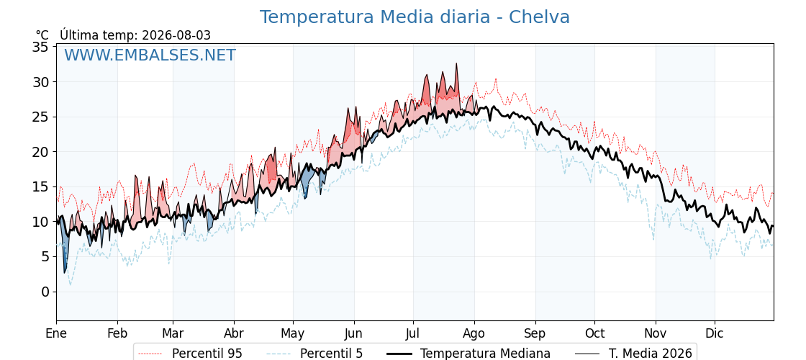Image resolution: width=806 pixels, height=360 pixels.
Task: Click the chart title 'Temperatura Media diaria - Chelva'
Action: (415, 17)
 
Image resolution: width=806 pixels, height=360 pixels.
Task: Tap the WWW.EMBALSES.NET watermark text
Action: (150, 55)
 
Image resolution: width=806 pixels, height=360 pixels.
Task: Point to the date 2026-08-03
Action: (176, 35)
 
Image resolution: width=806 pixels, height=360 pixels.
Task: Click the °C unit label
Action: (42, 35)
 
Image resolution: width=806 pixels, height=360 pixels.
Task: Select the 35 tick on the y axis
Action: (41, 48)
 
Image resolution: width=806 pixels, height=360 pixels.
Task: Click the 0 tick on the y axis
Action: (45, 292)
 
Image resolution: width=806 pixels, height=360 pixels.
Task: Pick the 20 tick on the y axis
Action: (41, 152)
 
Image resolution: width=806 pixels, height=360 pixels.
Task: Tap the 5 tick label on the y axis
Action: (45, 256)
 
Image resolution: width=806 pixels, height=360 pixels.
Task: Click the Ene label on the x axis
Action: (56, 333)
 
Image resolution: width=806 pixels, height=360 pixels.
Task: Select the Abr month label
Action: (234, 333)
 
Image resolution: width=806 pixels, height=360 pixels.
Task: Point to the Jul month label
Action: (413, 333)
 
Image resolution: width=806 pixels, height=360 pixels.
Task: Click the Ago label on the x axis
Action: (474, 334)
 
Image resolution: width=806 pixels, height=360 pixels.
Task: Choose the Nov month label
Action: (656, 333)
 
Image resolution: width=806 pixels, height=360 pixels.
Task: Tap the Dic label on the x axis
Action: (715, 333)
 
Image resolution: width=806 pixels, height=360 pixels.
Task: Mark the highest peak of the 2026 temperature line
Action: (456, 64)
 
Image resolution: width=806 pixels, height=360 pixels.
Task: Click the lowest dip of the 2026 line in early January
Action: (65, 273)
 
